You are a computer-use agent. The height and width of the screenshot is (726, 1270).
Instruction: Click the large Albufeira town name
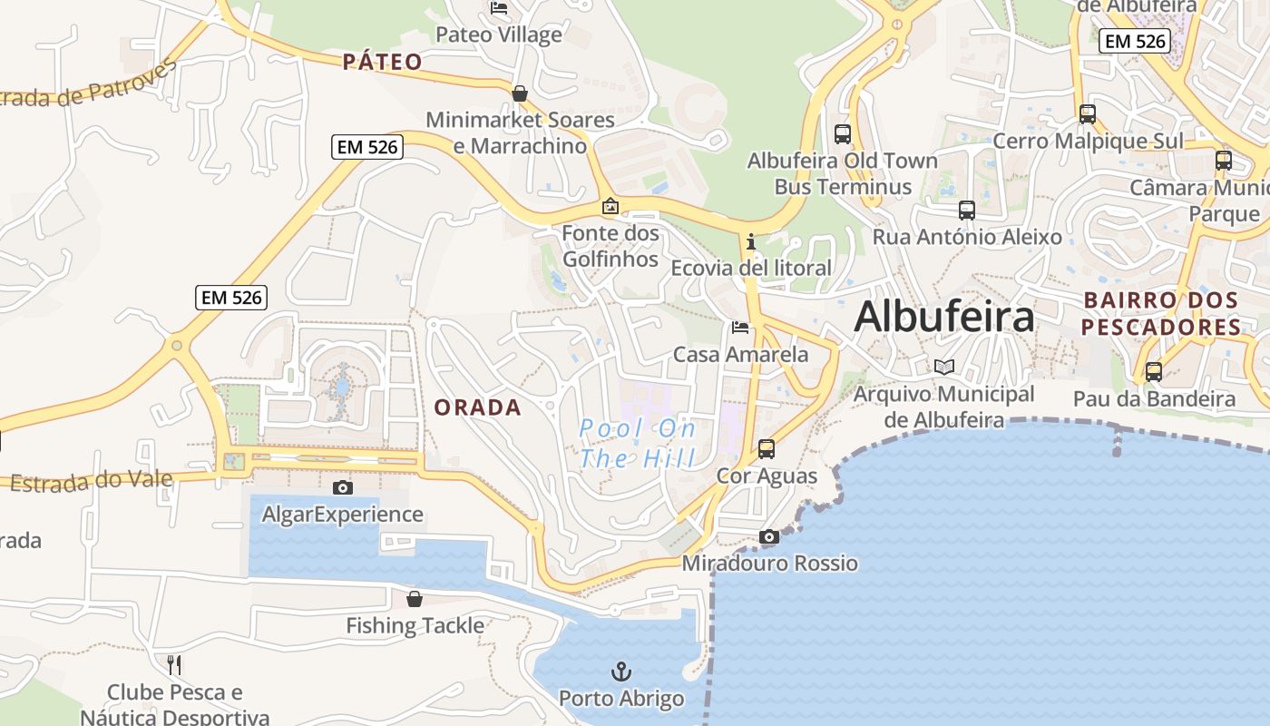pos(943,317)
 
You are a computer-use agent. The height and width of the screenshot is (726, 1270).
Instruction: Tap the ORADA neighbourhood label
pos(477,407)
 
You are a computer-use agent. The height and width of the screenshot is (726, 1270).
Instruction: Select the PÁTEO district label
pos(382,62)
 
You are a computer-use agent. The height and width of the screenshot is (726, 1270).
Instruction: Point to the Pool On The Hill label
pos(638,443)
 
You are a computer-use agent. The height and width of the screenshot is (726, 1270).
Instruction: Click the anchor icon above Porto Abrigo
pos(621,672)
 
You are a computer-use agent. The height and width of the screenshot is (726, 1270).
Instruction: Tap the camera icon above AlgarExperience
pos(343,487)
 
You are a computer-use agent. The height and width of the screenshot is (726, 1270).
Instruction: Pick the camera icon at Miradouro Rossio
pos(769,536)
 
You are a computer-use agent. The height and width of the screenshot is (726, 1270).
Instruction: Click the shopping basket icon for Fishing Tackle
pos(415,599)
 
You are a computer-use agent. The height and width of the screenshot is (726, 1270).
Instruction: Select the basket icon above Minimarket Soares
pos(520,93)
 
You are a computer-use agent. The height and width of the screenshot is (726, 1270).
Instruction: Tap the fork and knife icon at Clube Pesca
pos(174,665)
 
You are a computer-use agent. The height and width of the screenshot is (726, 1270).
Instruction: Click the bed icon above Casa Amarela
pos(740,327)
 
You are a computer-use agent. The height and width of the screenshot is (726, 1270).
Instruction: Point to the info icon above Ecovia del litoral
pos(750,241)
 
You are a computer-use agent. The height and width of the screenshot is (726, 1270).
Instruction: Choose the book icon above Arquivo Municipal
pos(944,367)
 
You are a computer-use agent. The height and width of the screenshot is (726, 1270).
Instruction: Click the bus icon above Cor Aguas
pos(767,448)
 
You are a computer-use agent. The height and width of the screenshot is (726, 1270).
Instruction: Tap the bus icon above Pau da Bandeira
pos(1154,371)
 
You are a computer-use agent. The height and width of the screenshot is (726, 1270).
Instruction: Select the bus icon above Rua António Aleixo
pos(967,211)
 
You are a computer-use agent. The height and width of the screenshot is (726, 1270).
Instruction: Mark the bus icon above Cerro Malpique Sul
pos(1088,114)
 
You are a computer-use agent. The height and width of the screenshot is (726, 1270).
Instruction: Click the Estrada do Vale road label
pos(91,479)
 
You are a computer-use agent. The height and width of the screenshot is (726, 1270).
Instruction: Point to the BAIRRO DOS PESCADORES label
pos(1161,313)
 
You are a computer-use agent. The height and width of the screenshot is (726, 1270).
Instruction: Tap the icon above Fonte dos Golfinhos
pos(611,206)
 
